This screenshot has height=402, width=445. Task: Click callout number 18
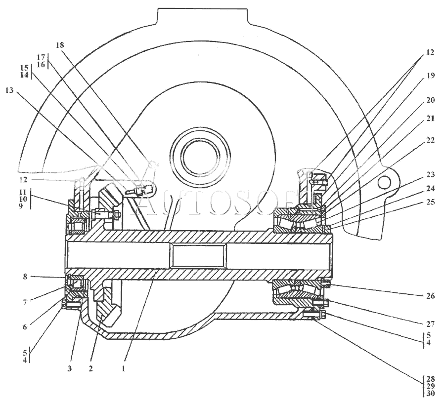60,45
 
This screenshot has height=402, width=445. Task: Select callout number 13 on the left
9,90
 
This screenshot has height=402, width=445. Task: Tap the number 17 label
41,57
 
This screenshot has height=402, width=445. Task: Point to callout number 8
25,277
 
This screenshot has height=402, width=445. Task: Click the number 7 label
25,303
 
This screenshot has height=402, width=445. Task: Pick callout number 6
25,327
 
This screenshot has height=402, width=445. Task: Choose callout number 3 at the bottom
70,368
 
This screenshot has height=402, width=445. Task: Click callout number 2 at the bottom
90,369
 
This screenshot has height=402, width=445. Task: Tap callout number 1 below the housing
124,369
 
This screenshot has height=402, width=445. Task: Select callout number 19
431,76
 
